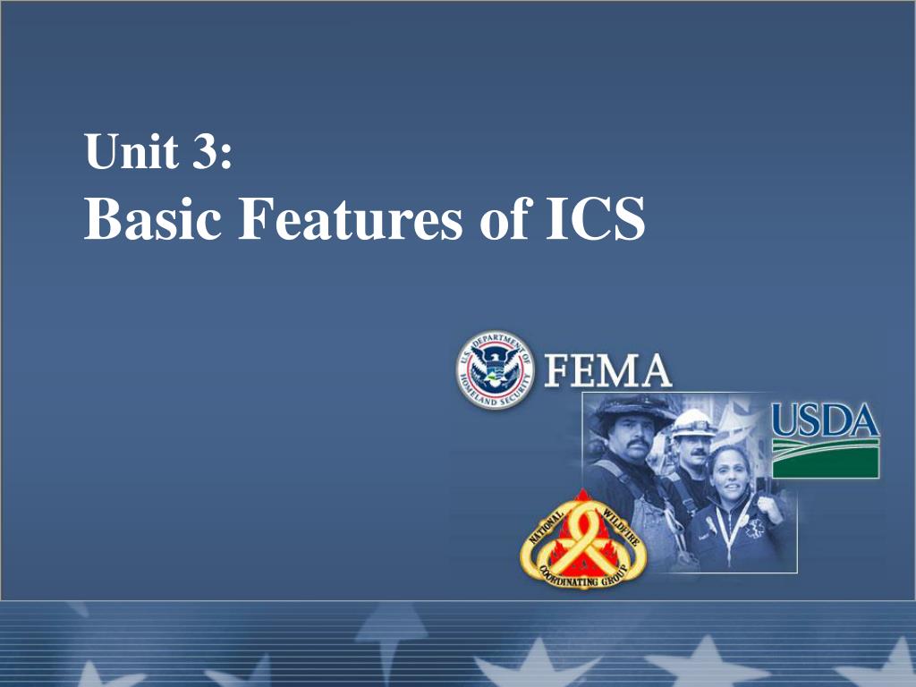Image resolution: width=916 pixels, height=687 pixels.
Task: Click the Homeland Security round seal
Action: (495, 369)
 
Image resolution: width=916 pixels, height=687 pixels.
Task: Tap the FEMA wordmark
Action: (607, 370)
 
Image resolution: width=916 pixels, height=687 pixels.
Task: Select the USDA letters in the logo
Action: (826, 420)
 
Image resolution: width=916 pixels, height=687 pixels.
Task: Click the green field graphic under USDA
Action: (826, 459)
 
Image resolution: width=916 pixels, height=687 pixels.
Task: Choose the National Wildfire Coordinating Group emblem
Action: (583, 539)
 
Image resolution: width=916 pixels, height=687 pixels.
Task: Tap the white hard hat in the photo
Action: (693, 423)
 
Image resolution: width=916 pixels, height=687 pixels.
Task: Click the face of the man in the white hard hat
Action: (692, 452)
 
